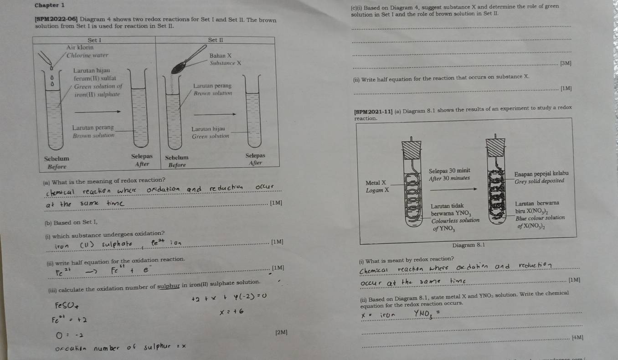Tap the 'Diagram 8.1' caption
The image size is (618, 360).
pyautogui.click(x=468, y=245)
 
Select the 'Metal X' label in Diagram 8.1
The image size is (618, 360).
pyautogui.click(x=377, y=182)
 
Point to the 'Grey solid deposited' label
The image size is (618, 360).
pyautogui.click(x=539, y=181)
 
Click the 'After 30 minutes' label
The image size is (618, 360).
pyautogui.click(x=449, y=178)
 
